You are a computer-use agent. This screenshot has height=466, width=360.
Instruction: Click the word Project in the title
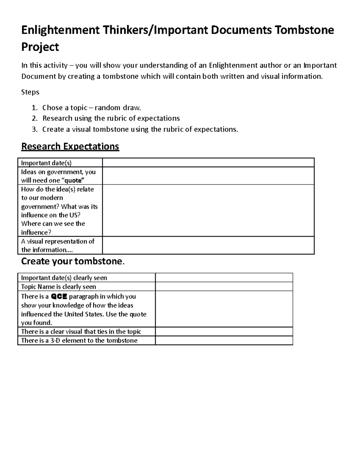[x=40, y=47]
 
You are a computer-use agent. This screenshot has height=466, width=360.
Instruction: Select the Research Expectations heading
[x=70, y=146]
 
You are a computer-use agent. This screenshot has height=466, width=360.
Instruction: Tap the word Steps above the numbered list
[x=30, y=92]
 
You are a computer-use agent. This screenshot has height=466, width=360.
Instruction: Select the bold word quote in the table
[x=73, y=180]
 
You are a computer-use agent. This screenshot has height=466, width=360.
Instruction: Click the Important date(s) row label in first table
[x=46, y=163]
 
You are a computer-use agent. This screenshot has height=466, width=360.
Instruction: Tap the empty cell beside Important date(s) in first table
[x=208, y=163]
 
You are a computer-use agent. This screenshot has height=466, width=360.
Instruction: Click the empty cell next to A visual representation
[x=208, y=245]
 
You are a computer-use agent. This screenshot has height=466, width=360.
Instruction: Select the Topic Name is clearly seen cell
[x=58, y=287]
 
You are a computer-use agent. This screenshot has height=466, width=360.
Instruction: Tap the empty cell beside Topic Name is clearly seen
[x=224, y=287]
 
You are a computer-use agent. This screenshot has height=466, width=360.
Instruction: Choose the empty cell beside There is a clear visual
[x=224, y=332]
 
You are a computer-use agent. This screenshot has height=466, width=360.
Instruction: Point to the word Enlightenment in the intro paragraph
[x=233, y=65]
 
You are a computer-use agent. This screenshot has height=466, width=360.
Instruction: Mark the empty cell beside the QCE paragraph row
[x=224, y=309]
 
